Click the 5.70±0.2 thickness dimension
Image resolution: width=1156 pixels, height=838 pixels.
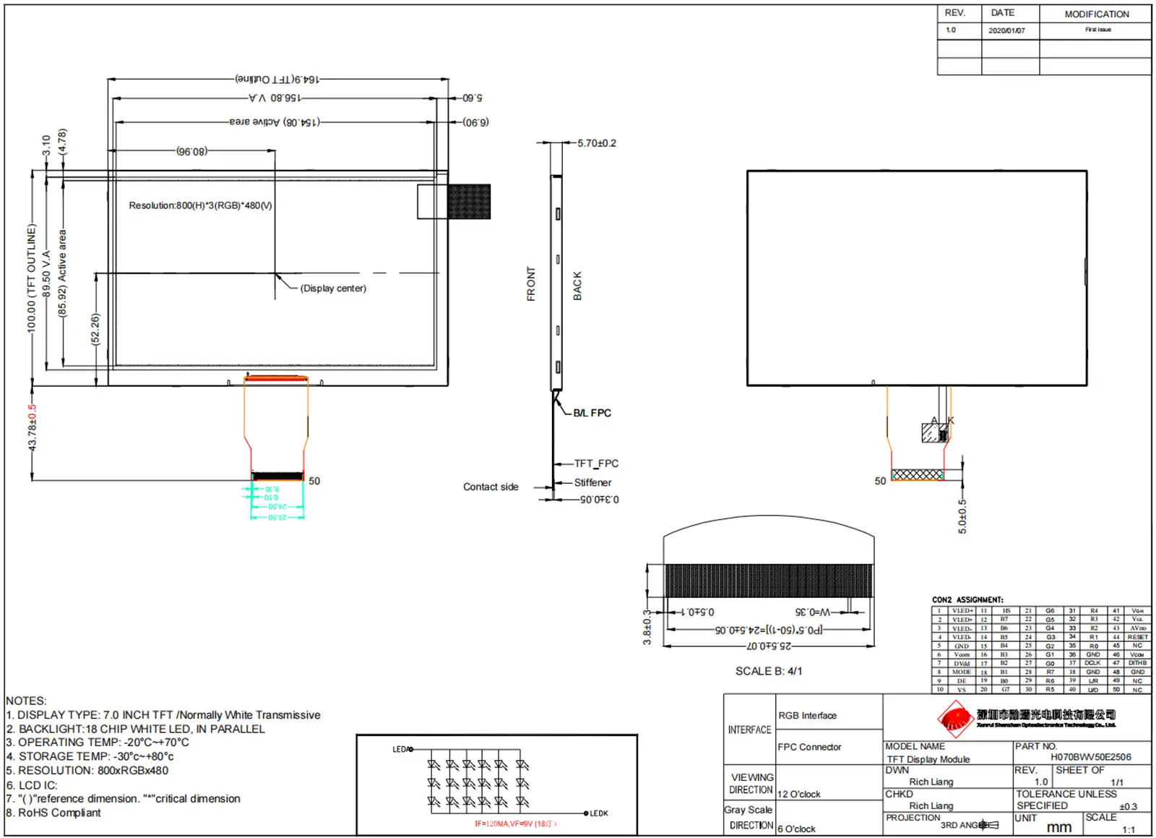click(x=597, y=143)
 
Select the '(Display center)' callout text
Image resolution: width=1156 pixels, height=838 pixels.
click(x=333, y=288)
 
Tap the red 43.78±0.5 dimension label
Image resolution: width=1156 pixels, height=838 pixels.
click(x=32, y=427)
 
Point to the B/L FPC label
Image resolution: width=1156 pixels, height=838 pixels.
click(x=592, y=413)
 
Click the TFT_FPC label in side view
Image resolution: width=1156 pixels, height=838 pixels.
click(x=596, y=463)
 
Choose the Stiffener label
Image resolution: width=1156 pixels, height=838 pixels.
click(x=592, y=482)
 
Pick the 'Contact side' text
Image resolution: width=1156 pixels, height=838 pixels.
click(x=491, y=487)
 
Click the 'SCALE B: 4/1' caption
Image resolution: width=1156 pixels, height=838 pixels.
click(x=769, y=671)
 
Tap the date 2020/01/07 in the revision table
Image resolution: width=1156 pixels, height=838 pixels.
click(x=1006, y=30)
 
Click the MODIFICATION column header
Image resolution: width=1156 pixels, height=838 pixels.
click(x=1096, y=14)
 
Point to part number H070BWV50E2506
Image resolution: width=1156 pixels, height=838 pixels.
click(x=1090, y=757)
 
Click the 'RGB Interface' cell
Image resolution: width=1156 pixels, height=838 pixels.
click(x=807, y=716)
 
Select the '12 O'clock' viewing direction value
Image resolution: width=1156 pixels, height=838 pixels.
click(x=798, y=794)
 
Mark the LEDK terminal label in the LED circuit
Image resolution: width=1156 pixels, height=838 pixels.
click(x=599, y=813)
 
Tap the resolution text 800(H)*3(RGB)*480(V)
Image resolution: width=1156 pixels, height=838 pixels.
click(x=200, y=205)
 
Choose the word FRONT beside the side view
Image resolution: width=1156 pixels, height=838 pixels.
click(x=531, y=284)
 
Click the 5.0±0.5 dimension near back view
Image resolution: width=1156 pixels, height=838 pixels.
click(x=962, y=516)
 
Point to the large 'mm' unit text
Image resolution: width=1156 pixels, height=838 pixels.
click(x=1058, y=827)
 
